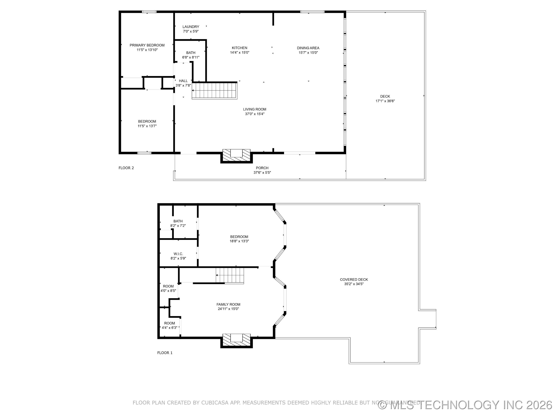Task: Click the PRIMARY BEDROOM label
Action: pos(147,45)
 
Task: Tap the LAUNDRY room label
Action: pos(191,27)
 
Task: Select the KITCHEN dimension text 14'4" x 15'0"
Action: pos(240,53)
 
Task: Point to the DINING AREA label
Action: pos(308,48)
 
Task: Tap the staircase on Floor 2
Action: pos(214,91)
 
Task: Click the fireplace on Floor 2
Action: pos(236,155)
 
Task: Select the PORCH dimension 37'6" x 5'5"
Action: pos(262,172)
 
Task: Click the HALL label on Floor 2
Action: pos(183,81)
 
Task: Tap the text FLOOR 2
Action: pos(126,168)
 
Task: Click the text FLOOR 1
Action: pos(165,353)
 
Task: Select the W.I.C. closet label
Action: pos(178,254)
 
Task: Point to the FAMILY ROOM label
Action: pos(228,304)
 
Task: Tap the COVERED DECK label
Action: pos(354,280)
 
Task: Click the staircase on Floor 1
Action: pos(230,275)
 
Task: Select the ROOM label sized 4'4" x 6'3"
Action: pos(169,323)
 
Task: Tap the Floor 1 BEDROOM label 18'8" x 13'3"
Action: pos(239,237)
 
